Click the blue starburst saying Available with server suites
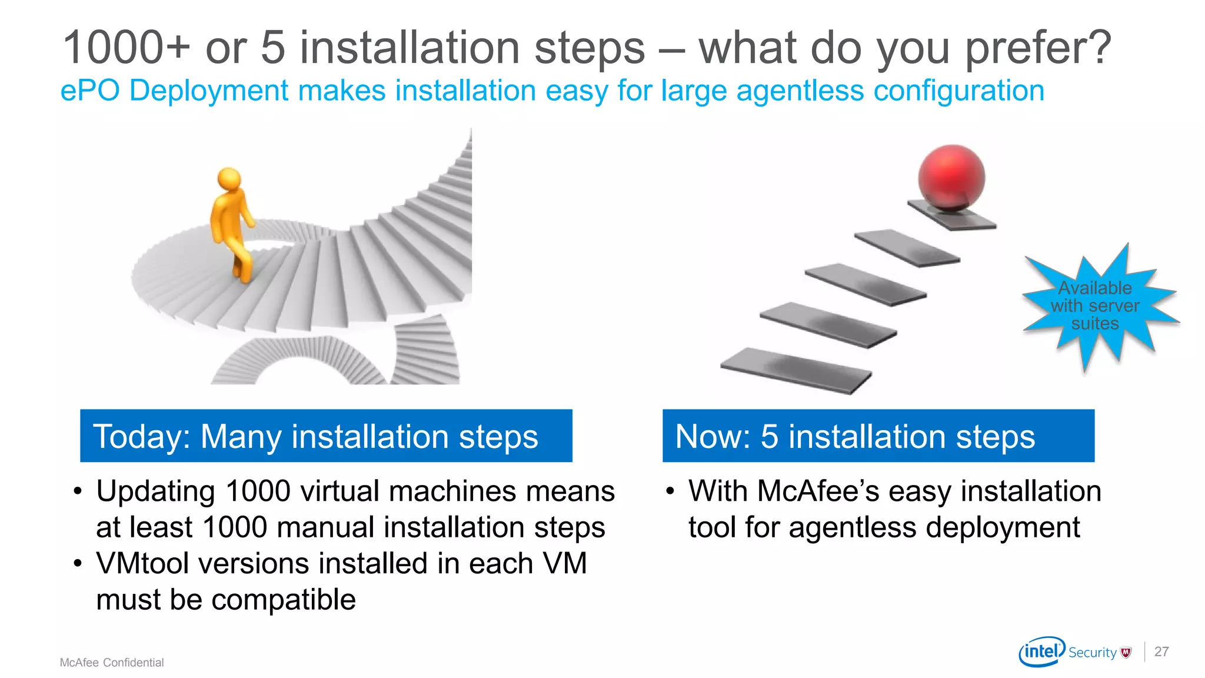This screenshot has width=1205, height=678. pos(1095,305)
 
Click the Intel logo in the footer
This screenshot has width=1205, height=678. pos(1041,652)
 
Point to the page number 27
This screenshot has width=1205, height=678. pos(1161,652)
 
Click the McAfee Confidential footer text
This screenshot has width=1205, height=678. pos(112,663)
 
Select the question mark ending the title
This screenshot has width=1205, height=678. pos(1098,48)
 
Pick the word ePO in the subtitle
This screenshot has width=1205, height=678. pos(90,91)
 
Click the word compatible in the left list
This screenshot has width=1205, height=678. pos(283,600)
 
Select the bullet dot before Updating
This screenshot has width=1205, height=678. pos(78,492)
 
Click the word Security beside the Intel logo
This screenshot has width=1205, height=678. pos(1092,653)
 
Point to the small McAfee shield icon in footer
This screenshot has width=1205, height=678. pos(1126,652)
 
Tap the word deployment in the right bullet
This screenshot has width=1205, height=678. pos(1003,527)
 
